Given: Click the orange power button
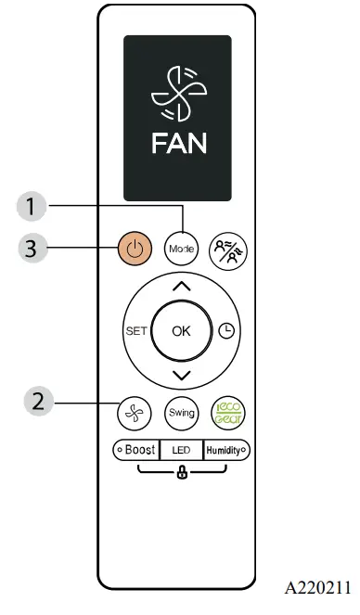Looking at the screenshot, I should pyautogui.click(x=135, y=249).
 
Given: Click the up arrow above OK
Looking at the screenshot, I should pyautogui.click(x=181, y=287).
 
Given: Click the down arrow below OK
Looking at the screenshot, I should pyautogui.click(x=181, y=376).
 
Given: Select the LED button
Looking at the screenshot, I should pyautogui.click(x=181, y=449).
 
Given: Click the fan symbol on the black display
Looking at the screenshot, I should pyautogui.click(x=179, y=93).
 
